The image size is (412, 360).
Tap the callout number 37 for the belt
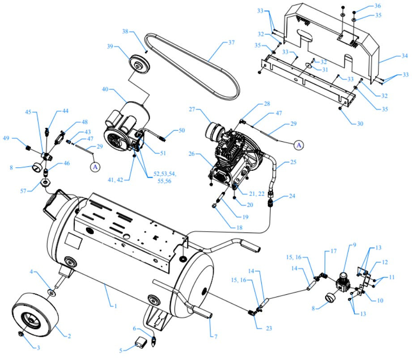point(231,43)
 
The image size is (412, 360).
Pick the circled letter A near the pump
point(298,144)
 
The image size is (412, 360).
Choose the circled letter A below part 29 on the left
point(95,167)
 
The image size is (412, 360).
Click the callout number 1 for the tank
point(115,306)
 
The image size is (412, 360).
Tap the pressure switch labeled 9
point(343,282)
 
